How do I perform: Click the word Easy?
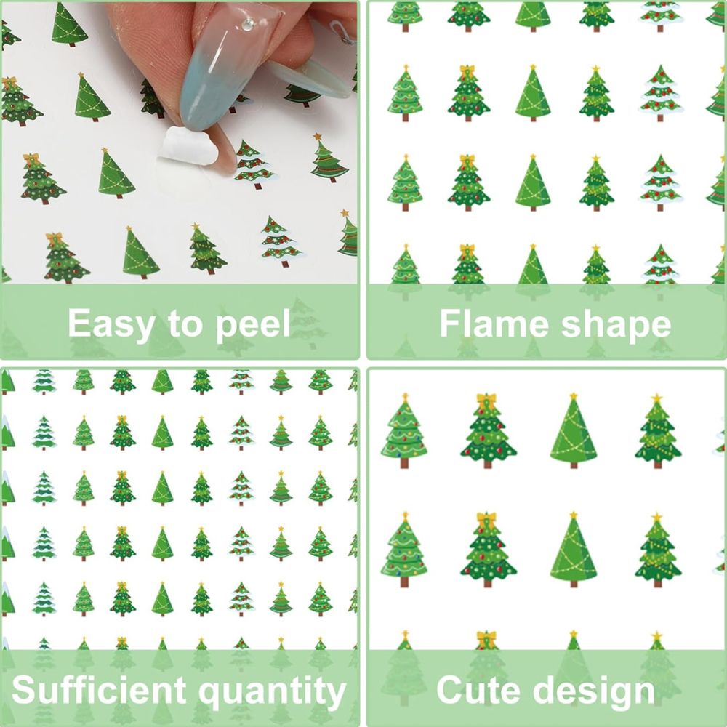click(111, 324)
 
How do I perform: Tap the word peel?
click(253, 324)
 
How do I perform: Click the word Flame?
click(494, 324)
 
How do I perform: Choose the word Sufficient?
click(98, 690)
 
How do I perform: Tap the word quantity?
click(273, 692)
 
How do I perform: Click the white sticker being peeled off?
click(189, 147)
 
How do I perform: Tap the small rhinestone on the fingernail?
click(248, 25)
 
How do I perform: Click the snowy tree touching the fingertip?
click(254, 164)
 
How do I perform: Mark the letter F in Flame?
click(450, 324)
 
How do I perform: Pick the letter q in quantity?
click(209, 696)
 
